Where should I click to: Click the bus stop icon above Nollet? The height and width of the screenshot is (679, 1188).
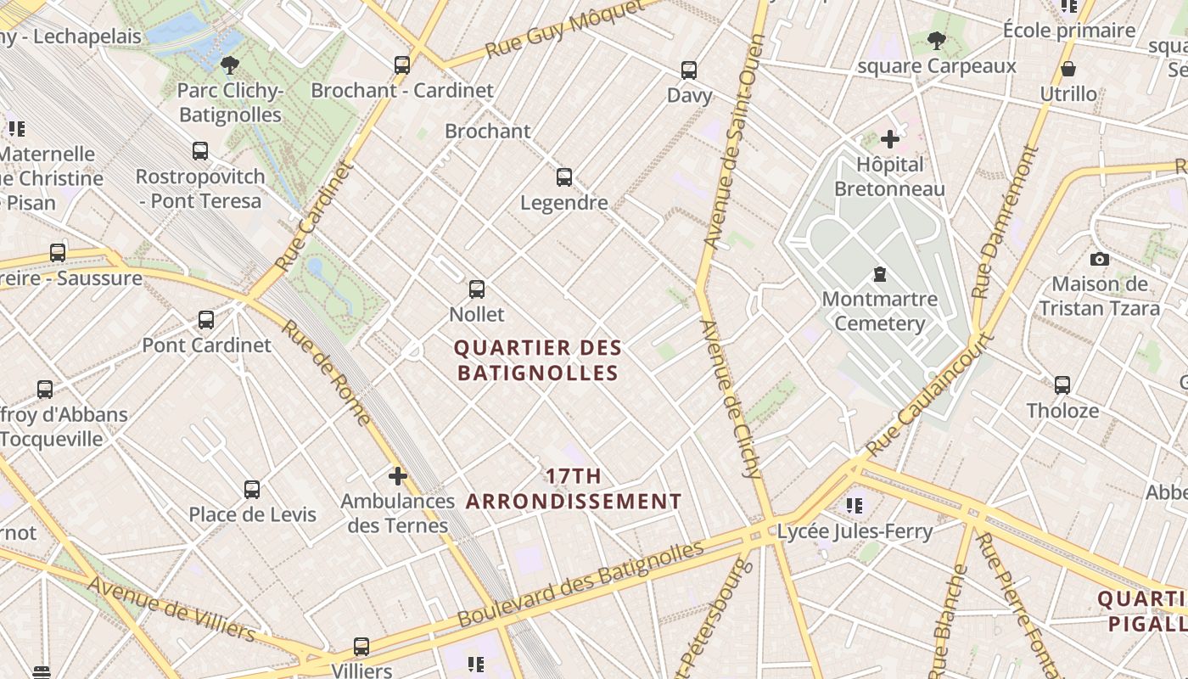tap(477, 289)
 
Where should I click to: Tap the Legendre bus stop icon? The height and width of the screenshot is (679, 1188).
tap(564, 177)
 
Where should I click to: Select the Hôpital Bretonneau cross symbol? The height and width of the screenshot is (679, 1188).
tap(889, 139)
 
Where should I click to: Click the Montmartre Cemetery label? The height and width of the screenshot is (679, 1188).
tap(879, 311)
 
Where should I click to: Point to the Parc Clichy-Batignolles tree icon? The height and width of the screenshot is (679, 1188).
tap(229, 65)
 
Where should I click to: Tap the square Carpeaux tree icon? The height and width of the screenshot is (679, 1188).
tap(936, 41)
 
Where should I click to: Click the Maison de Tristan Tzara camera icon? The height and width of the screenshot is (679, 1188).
tap(1100, 260)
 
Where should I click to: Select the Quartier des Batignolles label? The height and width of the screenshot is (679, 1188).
tap(538, 361)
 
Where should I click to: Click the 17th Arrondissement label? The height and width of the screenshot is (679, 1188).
tap(574, 489)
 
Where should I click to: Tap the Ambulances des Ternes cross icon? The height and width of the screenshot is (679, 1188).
tap(397, 476)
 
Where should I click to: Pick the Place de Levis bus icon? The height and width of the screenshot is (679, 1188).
tap(252, 490)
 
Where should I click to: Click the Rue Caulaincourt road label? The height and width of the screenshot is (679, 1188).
tap(929, 395)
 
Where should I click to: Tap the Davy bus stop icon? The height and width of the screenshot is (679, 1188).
tap(689, 70)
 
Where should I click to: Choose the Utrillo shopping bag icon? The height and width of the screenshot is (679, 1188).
tap(1068, 69)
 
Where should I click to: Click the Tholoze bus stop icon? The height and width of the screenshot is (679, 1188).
tap(1062, 385)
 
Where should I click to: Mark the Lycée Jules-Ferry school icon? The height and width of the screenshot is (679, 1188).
tap(855, 506)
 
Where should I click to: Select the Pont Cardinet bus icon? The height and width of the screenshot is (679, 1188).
tap(206, 320)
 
